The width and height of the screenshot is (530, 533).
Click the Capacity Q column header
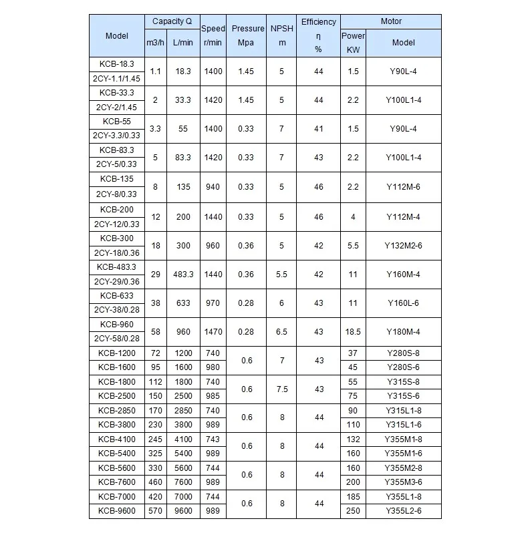pos(172,21)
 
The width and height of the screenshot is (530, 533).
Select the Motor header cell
pos(391,21)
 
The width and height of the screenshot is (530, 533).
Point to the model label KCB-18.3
pos(116,63)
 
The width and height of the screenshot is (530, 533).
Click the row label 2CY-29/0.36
pos(116,281)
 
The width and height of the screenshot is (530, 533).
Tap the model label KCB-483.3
pos(116,266)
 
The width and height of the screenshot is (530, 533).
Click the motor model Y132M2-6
pos(404,245)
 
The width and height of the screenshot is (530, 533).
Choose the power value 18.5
pos(353,332)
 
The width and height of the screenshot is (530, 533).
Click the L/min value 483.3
pos(182,274)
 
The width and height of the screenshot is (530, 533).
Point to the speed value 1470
pos(213,332)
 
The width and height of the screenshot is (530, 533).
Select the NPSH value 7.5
pos(282,389)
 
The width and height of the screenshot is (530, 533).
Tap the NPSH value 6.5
pos(282,332)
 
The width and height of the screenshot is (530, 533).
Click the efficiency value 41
pos(318,129)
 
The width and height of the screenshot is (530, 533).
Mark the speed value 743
pos(213,439)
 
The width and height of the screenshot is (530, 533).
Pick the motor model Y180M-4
pos(404,332)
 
